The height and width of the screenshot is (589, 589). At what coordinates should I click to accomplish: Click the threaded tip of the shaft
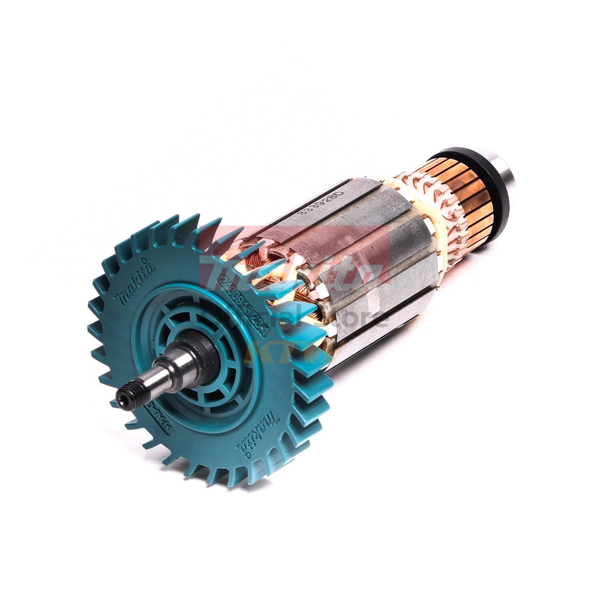[x=128, y=397]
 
